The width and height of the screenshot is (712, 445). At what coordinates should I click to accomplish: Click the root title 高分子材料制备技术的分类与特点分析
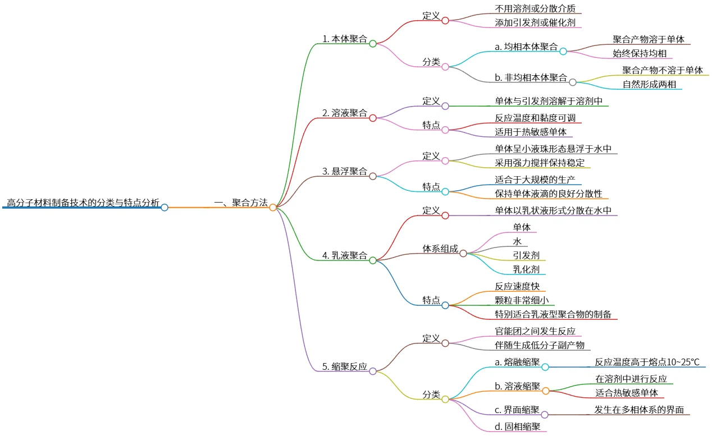[83, 203]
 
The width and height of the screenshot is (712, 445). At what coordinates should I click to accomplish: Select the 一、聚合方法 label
[241, 203]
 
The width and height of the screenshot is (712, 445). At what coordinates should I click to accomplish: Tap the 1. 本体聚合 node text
[345, 39]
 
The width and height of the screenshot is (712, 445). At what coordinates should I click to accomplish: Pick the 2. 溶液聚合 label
[345, 113]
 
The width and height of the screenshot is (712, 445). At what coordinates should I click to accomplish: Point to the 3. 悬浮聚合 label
[345, 171]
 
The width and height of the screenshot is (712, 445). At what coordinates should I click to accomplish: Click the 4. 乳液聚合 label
[345, 256]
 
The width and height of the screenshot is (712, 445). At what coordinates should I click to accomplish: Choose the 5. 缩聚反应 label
[345, 367]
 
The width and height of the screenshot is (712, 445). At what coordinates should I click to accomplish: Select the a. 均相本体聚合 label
[526, 47]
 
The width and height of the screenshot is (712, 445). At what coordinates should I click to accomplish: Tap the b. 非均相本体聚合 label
[531, 77]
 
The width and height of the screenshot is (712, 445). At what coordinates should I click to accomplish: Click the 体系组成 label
[440, 249]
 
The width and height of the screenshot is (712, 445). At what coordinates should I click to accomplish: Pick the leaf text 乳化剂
[526, 269]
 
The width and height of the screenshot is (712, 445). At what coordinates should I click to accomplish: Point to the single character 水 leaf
[517, 241]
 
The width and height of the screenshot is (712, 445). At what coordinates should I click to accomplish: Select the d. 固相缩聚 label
[517, 426]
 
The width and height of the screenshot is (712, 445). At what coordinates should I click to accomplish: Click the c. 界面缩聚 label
[517, 410]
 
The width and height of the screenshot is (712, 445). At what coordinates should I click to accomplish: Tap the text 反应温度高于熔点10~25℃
[647, 362]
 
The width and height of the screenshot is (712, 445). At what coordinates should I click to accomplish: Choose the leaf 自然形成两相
[649, 85]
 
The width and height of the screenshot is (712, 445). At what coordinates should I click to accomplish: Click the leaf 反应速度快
[517, 287]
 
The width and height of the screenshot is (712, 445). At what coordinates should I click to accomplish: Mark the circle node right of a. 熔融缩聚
[545, 367]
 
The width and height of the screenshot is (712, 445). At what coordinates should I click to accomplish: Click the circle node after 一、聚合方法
[273, 207]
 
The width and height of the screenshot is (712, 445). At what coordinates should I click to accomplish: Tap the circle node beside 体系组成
[463, 253]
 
